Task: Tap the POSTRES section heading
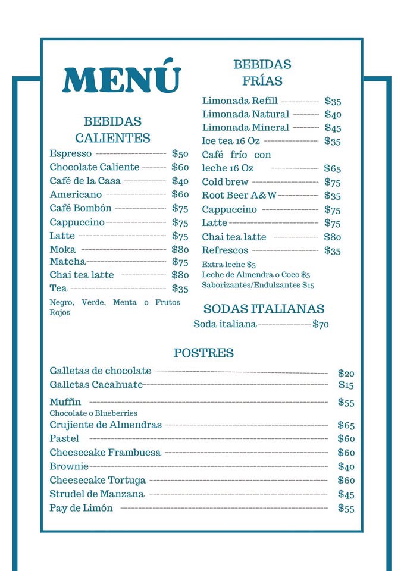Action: coord(203,353)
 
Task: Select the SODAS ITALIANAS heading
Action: coord(264,309)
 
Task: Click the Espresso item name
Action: coord(71,153)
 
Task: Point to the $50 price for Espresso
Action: coord(180,154)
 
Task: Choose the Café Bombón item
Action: coord(80,208)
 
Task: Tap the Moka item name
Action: coord(62,249)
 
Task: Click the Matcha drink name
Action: coord(68,262)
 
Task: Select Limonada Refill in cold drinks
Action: coord(240,101)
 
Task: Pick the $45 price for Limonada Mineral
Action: coord(333,128)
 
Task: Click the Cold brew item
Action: coord(225,182)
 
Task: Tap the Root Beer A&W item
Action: coord(239,195)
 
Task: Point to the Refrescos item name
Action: coord(225,250)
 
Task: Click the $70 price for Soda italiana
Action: coord(321,324)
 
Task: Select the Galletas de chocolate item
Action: coord(101,371)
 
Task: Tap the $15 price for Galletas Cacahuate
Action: coord(346,385)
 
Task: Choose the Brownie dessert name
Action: coord(69,466)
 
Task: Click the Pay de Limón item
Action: coord(81,508)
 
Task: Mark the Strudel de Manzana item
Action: coord(97,494)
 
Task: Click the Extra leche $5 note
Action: coord(228,264)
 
